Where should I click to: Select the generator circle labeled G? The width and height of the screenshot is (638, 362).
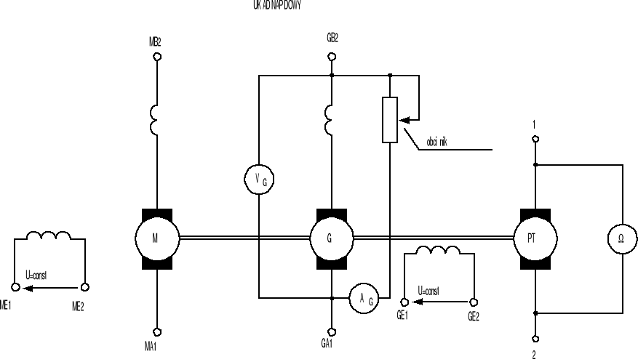click(x=332, y=237)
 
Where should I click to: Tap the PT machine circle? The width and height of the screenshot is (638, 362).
click(x=535, y=237)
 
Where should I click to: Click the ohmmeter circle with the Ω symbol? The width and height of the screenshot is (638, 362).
click(x=623, y=237)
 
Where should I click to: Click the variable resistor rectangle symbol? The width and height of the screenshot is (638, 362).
click(x=391, y=119)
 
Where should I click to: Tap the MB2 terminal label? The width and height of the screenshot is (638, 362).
click(x=154, y=42)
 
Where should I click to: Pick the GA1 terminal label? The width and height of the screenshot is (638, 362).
click(x=327, y=343)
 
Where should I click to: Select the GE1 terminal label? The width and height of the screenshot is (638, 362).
click(x=402, y=316)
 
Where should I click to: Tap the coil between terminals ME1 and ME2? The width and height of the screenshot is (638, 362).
click(x=49, y=237)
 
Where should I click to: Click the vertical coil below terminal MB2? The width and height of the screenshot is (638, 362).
click(x=155, y=120)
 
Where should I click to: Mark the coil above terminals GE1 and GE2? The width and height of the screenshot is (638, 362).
click(x=439, y=250)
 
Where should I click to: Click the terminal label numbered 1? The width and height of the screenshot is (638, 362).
click(x=535, y=124)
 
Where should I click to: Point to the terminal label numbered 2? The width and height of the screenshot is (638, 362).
click(x=535, y=355)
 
